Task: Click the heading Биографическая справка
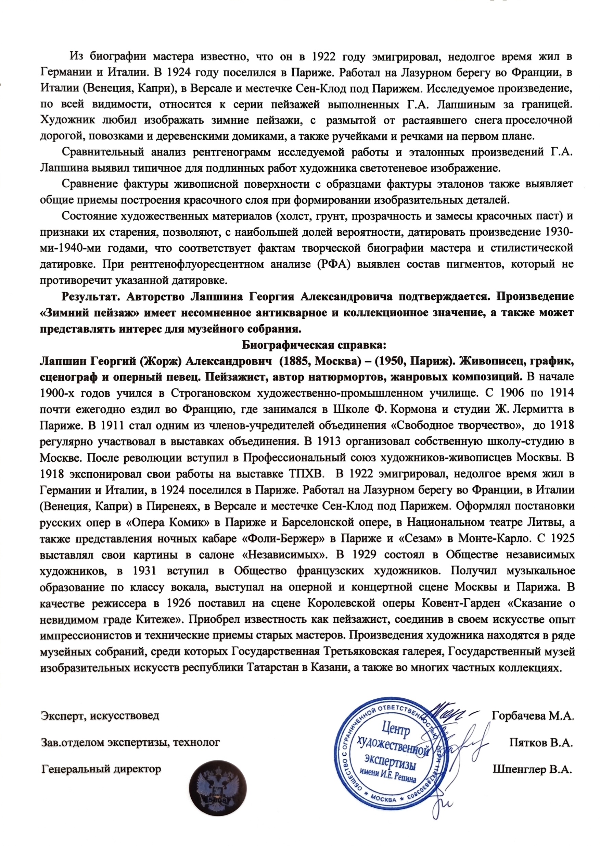[314, 345]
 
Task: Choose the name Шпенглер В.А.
[532, 770]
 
